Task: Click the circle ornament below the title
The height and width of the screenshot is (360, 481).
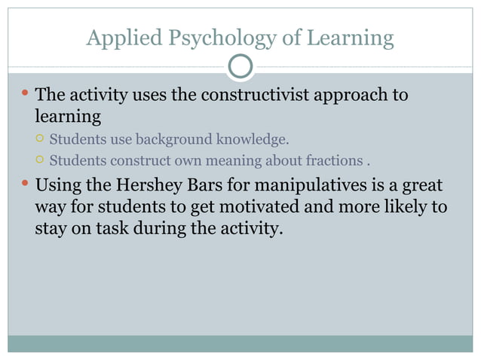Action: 240,67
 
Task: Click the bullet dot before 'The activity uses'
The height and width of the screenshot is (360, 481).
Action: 23,95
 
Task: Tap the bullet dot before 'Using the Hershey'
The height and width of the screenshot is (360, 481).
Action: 23,184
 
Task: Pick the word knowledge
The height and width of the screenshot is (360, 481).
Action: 253,139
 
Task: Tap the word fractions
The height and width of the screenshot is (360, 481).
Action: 334,160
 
